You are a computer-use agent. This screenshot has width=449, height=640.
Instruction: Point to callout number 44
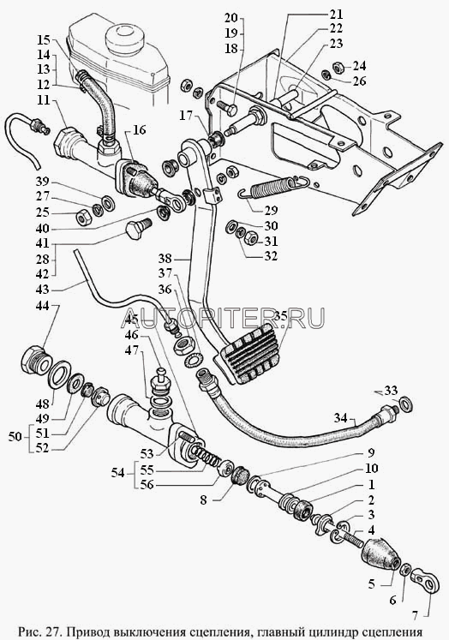pyautogui.click(x=44, y=305)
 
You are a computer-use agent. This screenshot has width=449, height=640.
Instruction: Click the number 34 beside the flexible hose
pyautogui.click(x=341, y=417)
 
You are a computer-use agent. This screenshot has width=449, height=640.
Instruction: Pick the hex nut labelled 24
pyautogui.click(x=338, y=66)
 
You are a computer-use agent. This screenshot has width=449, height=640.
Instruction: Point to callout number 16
pyautogui.click(x=139, y=129)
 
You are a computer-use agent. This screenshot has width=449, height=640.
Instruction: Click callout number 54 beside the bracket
pyautogui.click(x=118, y=473)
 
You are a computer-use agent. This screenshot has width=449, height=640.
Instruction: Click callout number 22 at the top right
pyautogui.click(x=336, y=28)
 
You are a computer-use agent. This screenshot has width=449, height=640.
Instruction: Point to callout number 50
pyautogui.click(x=15, y=437)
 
